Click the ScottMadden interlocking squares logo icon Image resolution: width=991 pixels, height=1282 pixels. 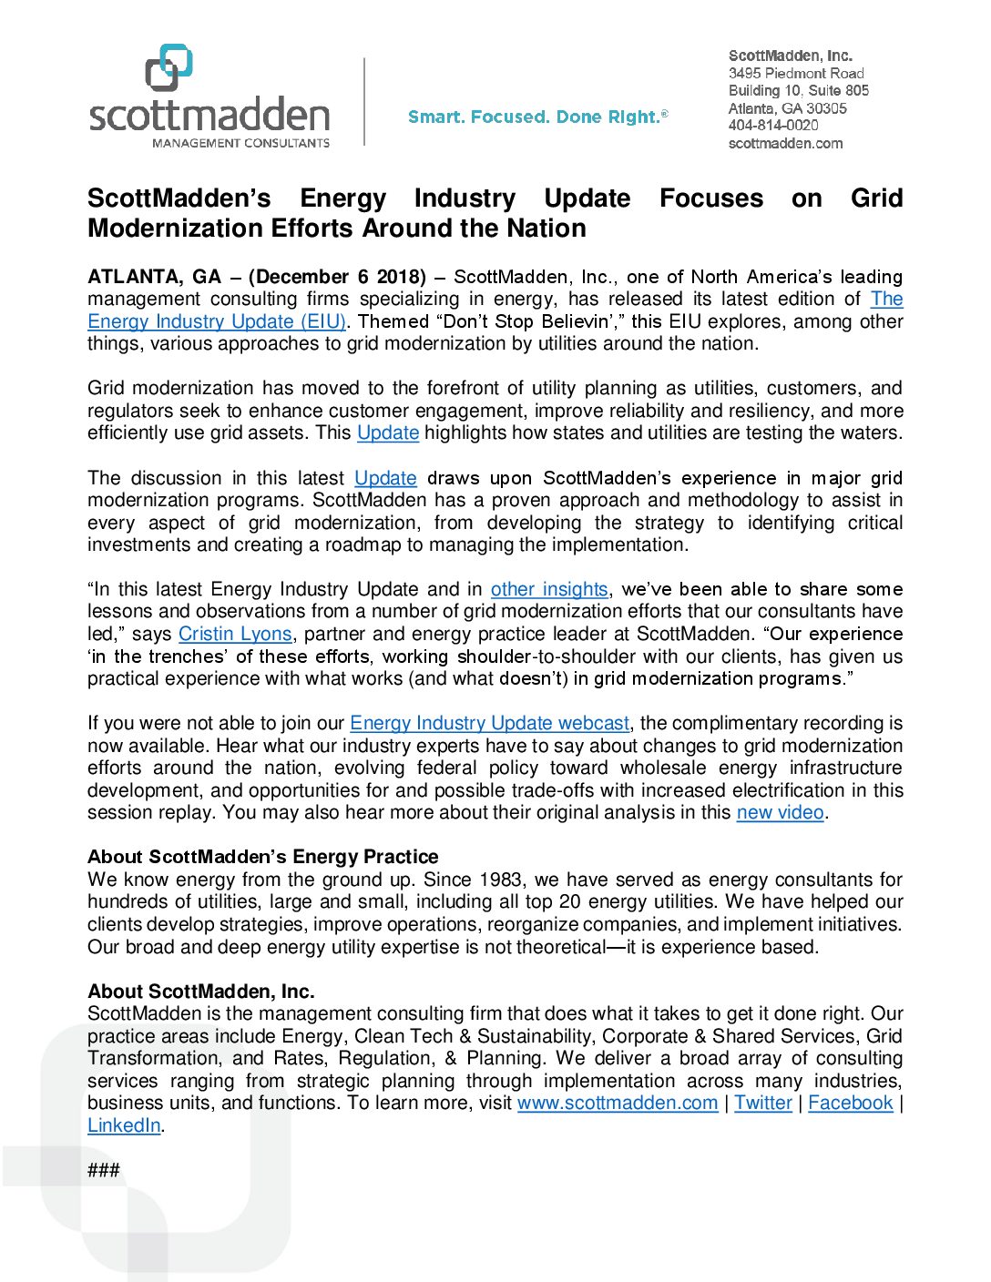coord(169,67)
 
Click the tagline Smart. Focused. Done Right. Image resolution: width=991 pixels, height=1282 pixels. coord(537,117)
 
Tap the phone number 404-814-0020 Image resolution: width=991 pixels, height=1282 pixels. coord(773,126)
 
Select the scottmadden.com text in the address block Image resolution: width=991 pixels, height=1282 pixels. coord(785,143)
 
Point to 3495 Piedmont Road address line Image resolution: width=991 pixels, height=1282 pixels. coord(796,73)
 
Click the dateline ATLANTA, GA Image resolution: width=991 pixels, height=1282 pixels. coord(154,277)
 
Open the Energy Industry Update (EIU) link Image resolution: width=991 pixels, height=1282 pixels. coord(217,321)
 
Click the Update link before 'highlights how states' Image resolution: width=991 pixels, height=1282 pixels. coord(388,432)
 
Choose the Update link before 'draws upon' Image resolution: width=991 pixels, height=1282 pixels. coord(385,478)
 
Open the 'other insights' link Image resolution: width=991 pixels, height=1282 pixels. coord(549,589)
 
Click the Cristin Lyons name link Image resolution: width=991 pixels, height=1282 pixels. coord(235,634)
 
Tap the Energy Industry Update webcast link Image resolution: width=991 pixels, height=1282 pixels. coord(489,723)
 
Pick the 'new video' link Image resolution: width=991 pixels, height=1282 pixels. coord(780,812)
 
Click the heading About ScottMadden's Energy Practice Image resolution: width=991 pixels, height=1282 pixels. coord(262,857)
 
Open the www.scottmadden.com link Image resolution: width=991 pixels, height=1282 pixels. coord(618,1103)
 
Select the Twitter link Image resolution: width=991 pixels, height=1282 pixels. coord(763,1103)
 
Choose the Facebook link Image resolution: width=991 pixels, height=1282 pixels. coord(851,1103)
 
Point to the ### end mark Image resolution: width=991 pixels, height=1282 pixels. coord(104,1170)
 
